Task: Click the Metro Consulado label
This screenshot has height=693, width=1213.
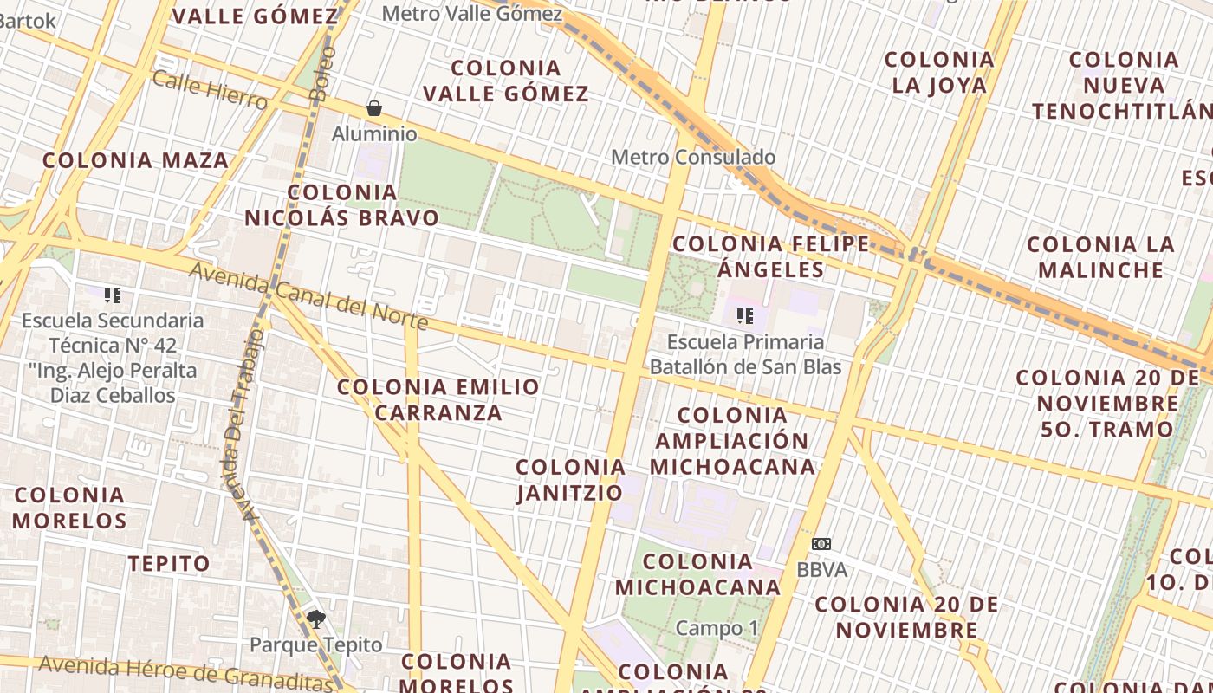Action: point(693,158)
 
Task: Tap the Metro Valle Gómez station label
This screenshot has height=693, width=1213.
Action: point(471,14)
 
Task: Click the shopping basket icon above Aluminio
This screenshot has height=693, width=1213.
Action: point(374,108)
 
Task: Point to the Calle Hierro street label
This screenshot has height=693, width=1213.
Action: point(210,90)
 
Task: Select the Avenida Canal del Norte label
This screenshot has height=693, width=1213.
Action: point(308,296)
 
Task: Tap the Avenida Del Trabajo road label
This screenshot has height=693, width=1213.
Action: point(243,424)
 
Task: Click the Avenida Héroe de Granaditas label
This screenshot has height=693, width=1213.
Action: point(185,673)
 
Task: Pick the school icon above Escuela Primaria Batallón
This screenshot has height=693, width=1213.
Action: point(744,316)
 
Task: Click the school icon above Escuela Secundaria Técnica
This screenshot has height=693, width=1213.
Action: point(112,295)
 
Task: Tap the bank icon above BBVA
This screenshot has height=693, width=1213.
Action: point(821,544)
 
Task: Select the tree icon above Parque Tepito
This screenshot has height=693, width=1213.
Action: point(315,619)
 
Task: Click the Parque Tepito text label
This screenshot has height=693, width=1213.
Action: point(315,645)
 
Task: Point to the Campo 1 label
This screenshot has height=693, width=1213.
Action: point(710,628)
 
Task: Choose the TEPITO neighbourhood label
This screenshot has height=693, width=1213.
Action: point(169,564)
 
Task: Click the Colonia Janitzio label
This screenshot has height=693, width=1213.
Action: point(570,480)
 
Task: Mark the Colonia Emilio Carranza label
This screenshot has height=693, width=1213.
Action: point(438,399)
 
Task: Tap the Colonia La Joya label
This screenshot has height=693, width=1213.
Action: point(939,72)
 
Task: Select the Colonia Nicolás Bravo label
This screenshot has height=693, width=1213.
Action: point(342,205)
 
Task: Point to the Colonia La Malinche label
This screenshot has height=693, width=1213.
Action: point(1100,257)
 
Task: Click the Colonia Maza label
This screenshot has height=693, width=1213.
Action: point(135,160)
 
